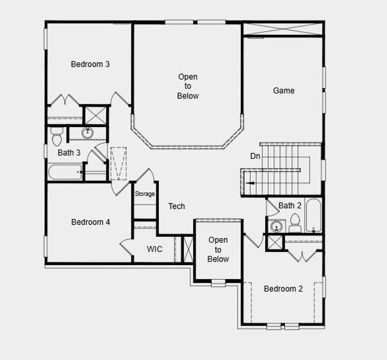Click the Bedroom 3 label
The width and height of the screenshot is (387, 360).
click(x=90, y=64)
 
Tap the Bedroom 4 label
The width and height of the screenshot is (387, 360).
click(x=91, y=222)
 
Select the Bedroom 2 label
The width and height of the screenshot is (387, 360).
click(x=283, y=289)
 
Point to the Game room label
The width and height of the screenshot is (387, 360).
click(x=284, y=91)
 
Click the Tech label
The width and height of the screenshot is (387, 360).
click(x=176, y=206)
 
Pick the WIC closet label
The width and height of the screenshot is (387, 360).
click(x=155, y=249)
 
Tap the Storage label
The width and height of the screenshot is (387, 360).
click(x=145, y=194)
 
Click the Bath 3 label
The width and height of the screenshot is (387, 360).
click(x=69, y=152)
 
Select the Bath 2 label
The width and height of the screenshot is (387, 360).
click(x=290, y=206)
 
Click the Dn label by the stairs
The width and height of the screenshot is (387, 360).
click(x=255, y=156)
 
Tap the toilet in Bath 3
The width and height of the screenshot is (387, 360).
click(x=56, y=136)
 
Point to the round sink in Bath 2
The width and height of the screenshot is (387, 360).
click(x=276, y=227)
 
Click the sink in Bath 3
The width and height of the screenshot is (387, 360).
click(x=88, y=133)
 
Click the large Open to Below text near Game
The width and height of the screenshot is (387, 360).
click(x=188, y=86)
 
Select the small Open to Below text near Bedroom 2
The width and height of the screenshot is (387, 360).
click(x=218, y=250)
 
